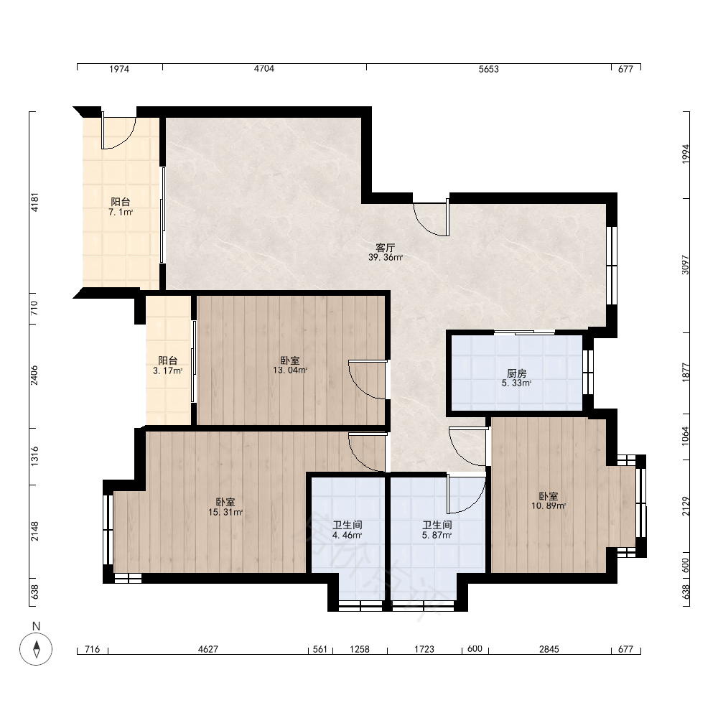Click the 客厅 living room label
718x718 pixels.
coord(385,248)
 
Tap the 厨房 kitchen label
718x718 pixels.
coord(516,373)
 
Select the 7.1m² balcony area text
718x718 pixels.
coord(121,212)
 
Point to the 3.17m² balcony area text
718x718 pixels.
coord(167,370)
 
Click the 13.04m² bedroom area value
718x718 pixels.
coord(290,370)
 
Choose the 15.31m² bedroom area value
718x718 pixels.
coord(225,512)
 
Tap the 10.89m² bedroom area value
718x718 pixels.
coord(548,505)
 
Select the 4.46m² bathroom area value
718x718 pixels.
coord(347,534)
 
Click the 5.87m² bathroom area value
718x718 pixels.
coord(437,534)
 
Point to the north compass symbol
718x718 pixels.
coord(36,648)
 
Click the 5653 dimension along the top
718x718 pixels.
coord(488,69)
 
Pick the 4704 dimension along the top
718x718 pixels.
coord(264,69)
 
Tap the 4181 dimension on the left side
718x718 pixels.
coord(34,202)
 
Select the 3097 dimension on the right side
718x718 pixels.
coord(685,265)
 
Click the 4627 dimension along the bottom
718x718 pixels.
coord(208,649)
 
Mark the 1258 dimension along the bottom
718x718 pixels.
coord(360,649)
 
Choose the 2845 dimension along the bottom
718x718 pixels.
coord(549,649)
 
